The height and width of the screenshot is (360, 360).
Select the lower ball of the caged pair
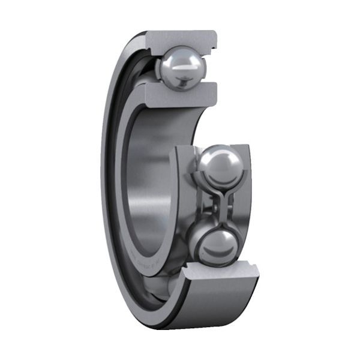215,244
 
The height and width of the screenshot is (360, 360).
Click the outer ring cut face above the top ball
180,37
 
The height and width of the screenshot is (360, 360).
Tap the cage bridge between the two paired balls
214,205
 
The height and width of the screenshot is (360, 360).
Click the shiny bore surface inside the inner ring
147,180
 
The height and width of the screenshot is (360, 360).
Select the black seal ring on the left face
113,150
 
